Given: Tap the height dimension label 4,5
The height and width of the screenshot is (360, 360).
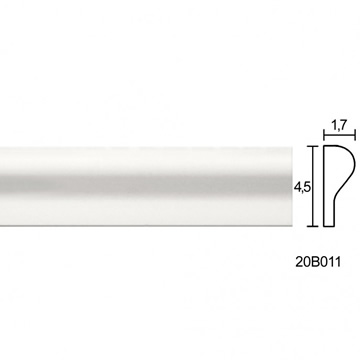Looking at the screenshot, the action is pyautogui.click(x=302, y=188).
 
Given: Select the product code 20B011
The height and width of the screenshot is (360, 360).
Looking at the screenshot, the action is pyautogui.click(x=318, y=262).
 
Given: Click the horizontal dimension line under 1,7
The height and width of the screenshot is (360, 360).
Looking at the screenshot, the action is pyautogui.click(x=339, y=135).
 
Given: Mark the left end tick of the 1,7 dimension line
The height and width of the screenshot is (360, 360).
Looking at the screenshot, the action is pyautogui.click(x=324, y=135).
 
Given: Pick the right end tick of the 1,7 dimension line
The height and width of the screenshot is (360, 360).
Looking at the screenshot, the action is pyautogui.click(x=355, y=135).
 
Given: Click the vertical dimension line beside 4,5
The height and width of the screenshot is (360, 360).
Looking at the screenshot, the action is pyautogui.click(x=313, y=186).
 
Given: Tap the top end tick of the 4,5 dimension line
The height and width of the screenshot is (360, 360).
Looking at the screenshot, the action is pyautogui.click(x=313, y=146).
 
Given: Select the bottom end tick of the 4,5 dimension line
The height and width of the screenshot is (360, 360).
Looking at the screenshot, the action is pyautogui.click(x=313, y=226).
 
